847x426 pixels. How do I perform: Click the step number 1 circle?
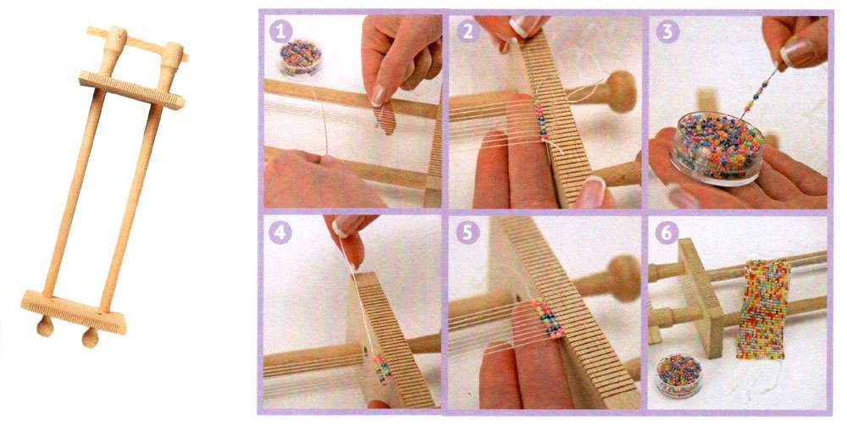tap(280, 31)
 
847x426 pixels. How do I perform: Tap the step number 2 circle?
tap(468, 31)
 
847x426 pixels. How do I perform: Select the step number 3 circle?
tap(667, 31)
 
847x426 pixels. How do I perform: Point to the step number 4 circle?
tap(280, 233)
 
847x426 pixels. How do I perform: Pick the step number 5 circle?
tap(468, 233)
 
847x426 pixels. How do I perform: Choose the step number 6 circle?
tap(667, 233)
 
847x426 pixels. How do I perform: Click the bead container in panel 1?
tap(301, 58)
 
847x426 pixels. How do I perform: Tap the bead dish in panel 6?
tap(678, 374)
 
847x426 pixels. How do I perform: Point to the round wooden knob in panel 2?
tap(620, 91)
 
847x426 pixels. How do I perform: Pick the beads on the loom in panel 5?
tap(547, 318)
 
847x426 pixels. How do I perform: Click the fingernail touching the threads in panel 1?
tap(379, 96)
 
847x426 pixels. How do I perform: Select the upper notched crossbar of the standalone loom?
tap(132, 89)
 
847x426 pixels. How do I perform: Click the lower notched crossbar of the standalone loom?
tap(74, 312)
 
